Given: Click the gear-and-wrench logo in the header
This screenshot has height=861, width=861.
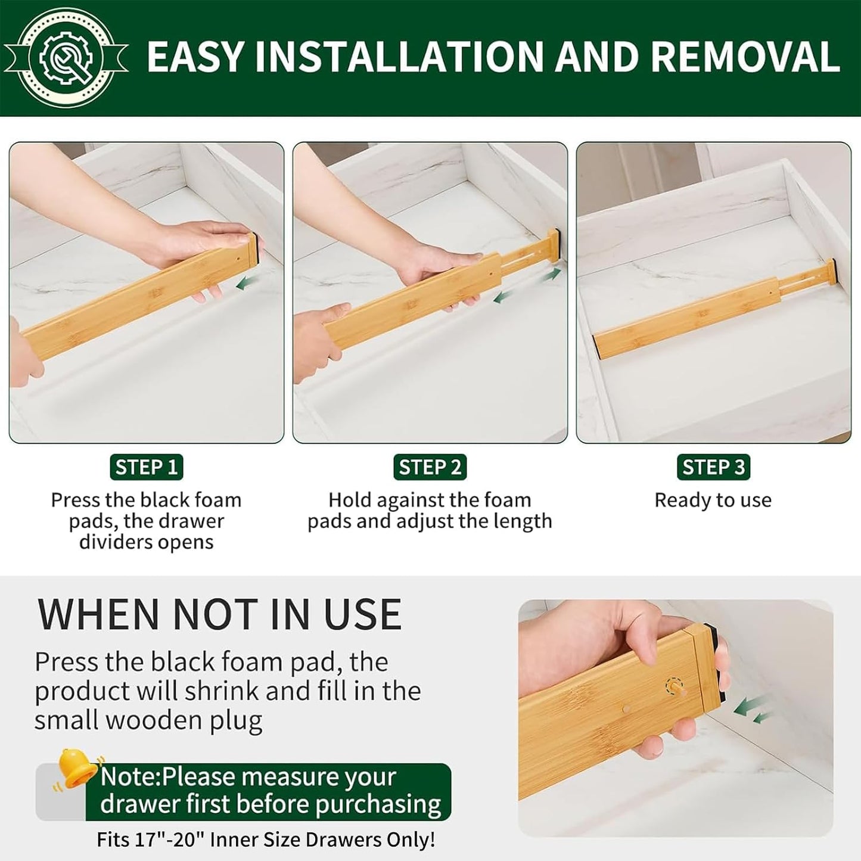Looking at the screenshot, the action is click(x=66, y=58).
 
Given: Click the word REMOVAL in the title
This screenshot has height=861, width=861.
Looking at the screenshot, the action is click(x=745, y=57).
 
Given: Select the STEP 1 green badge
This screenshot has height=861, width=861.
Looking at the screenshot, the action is click(x=147, y=467).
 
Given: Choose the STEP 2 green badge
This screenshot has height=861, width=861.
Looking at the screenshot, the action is click(x=430, y=467).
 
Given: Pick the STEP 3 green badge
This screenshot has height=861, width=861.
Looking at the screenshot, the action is click(x=714, y=467).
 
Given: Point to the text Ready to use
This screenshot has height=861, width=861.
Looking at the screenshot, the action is click(x=713, y=501).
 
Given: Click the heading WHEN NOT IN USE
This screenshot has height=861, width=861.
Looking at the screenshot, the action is click(x=219, y=615).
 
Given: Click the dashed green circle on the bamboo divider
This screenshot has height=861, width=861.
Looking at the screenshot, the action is click(x=674, y=686).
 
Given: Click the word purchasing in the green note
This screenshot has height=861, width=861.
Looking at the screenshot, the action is click(x=379, y=805).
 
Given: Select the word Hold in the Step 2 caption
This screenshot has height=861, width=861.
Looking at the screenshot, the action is click(x=349, y=501).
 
